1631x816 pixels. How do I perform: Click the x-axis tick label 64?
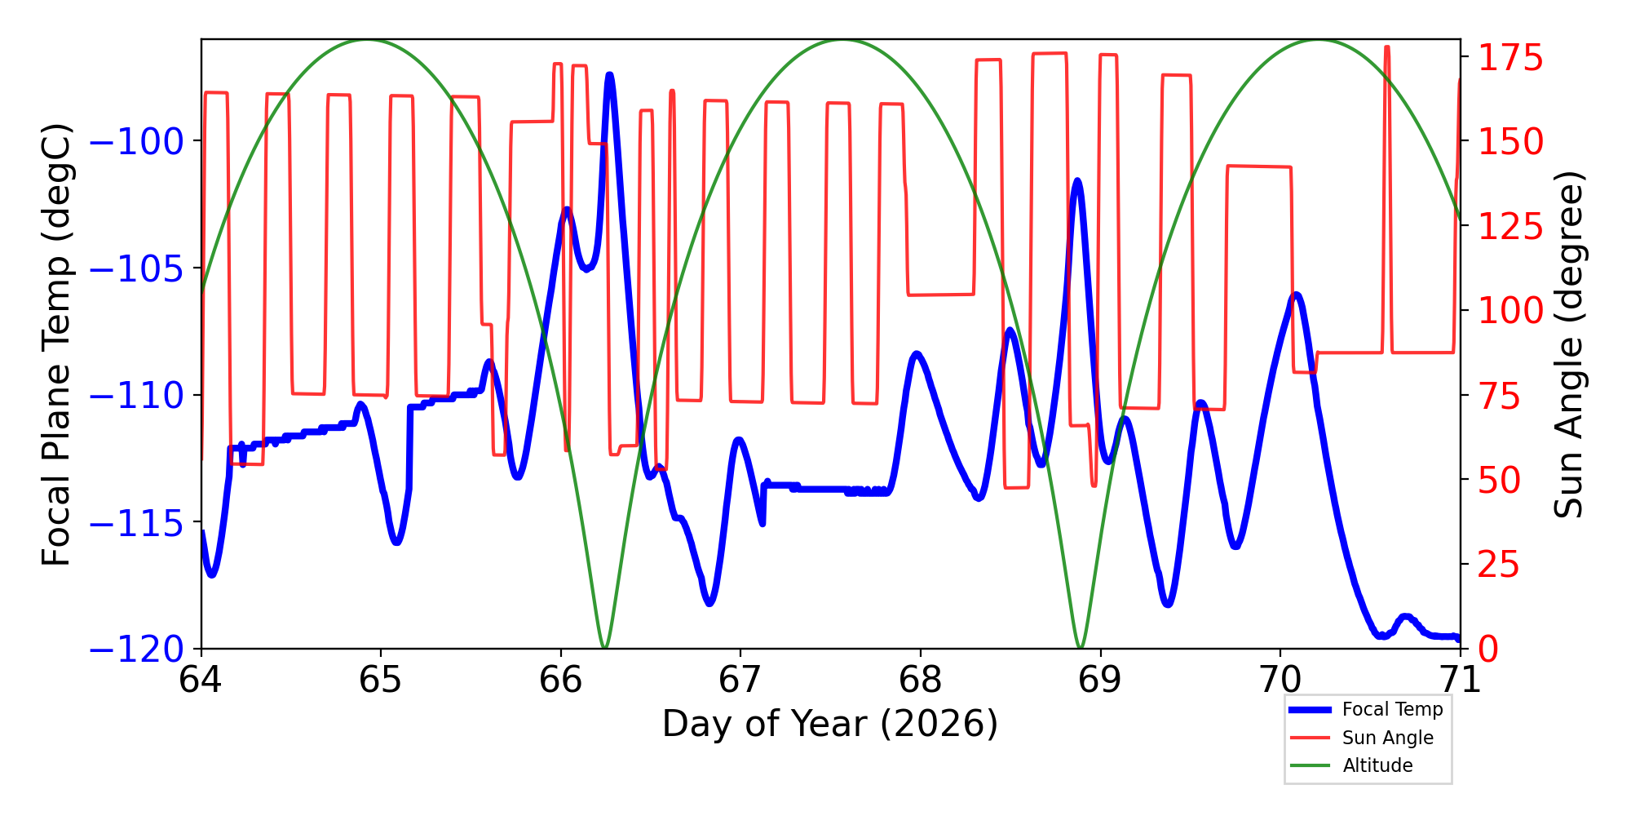(201, 680)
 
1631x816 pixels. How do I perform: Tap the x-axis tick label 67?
(740, 680)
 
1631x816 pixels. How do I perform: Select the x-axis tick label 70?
(1280, 680)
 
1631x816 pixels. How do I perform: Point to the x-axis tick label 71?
(1460, 680)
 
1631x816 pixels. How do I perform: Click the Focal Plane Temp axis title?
(57, 344)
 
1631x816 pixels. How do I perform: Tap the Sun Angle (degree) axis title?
(1567, 344)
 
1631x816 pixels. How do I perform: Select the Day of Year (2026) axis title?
(830, 724)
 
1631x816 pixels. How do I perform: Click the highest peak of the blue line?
(609, 75)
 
